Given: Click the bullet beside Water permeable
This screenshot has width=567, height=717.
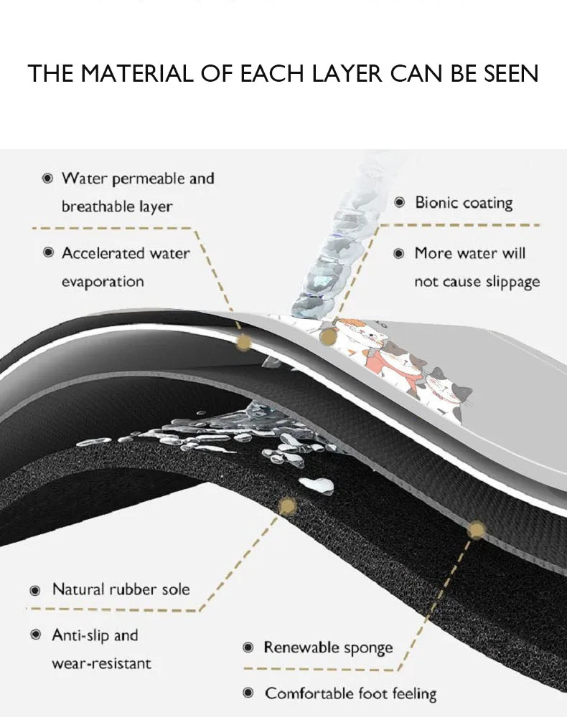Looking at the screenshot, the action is [x=48, y=178].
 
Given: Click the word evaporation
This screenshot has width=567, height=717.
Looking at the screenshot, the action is [x=103, y=282].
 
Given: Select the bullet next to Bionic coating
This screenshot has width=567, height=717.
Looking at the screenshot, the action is [x=400, y=203].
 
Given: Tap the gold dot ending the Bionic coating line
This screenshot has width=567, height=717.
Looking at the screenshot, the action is [x=328, y=336].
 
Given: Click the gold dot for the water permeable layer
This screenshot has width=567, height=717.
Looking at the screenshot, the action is [x=243, y=343].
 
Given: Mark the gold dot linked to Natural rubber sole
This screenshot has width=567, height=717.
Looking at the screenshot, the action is [x=286, y=507].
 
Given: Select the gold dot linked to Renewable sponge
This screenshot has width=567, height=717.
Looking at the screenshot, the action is [x=476, y=531].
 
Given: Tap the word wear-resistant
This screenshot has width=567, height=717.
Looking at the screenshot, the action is [x=101, y=664].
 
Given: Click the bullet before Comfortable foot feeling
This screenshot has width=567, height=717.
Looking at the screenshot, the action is [x=248, y=693].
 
